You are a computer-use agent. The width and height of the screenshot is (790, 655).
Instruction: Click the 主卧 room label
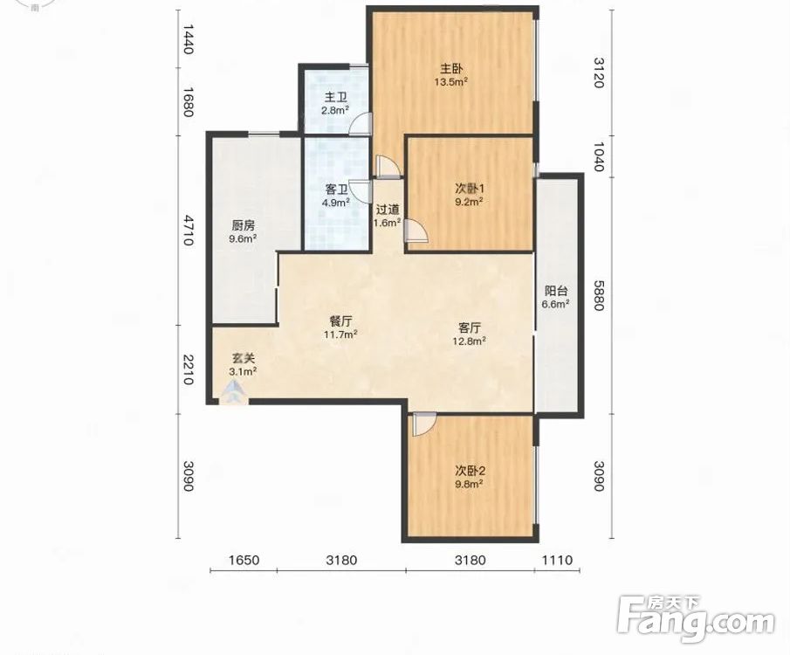point(451,68)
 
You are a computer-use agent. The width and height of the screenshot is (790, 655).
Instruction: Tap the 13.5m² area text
point(451,81)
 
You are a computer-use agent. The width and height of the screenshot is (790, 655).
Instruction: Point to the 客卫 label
point(336,190)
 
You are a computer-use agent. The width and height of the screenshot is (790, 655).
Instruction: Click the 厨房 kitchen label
point(243,225)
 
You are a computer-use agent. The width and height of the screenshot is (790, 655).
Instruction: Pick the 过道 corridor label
point(388,210)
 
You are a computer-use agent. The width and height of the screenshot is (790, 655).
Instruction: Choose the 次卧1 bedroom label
point(470,189)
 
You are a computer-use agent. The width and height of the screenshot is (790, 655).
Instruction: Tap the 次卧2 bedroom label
point(470,471)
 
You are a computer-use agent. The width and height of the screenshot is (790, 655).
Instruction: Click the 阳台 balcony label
point(556,291)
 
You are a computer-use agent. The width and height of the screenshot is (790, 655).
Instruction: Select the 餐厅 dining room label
point(340,321)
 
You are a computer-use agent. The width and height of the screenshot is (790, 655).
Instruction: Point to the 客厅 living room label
point(469,327)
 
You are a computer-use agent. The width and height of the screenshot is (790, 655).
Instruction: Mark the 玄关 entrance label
point(243,358)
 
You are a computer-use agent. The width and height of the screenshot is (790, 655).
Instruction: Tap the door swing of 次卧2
point(424,424)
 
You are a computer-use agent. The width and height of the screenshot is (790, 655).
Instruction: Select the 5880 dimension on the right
point(598,295)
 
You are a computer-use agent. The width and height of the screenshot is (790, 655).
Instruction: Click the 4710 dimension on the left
point(188,230)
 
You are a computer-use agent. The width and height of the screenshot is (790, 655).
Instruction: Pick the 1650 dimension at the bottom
point(244,560)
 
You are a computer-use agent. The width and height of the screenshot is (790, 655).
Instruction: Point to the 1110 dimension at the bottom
point(557,560)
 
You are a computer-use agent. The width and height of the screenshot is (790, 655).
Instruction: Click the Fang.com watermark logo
point(696,619)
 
